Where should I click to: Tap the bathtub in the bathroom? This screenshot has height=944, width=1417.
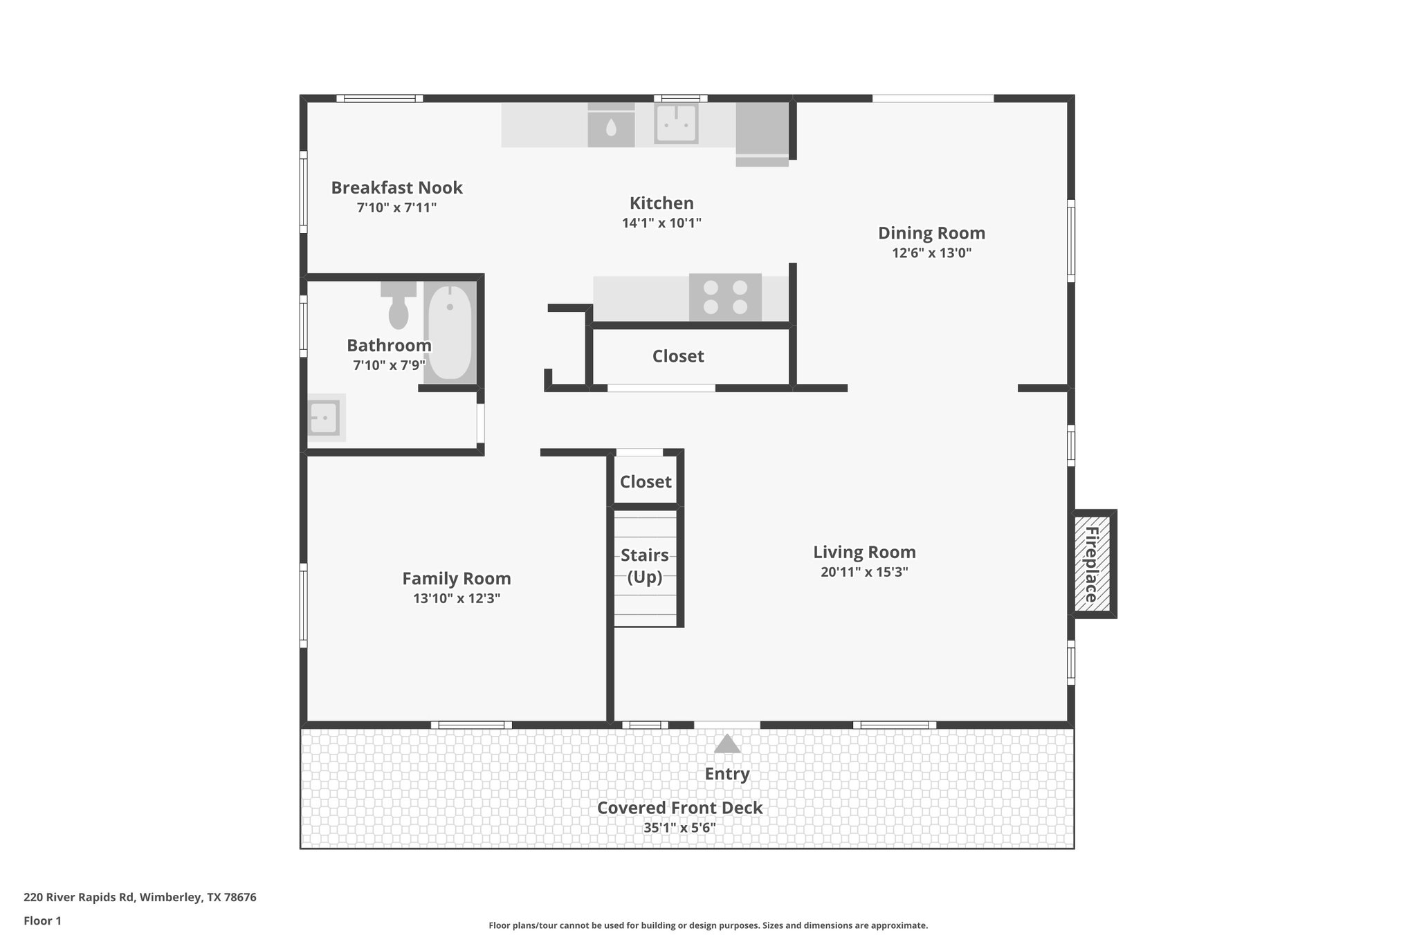(x=450, y=332)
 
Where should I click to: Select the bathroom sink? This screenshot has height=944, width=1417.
(x=324, y=417)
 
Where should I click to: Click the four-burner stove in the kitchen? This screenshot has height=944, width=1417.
(x=725, y=297)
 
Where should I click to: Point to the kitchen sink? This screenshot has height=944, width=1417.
(x=676, y=124)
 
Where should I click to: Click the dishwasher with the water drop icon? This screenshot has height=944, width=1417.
(x=611, y=125)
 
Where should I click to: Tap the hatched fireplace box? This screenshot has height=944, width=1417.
(x=1092, y=564)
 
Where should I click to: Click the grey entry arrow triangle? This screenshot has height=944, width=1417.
(x=727, y=743)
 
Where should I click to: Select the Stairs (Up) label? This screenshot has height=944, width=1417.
(x=645, y=566)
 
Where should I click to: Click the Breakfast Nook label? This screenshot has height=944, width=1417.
(x=396, y=187)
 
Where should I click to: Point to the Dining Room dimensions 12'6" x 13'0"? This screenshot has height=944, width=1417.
(x=932, y=253)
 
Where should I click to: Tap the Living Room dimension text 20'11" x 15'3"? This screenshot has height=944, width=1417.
(x=864, y=572)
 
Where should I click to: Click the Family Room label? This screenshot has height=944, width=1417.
(x=457, y=579)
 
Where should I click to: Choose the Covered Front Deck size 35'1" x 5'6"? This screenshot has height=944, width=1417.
(x=680, y=828)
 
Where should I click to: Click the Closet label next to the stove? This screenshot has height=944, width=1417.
(x=678, y=356)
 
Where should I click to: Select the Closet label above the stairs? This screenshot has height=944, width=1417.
(x=646, y=482)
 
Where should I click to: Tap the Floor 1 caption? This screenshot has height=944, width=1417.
(x=43, y=920)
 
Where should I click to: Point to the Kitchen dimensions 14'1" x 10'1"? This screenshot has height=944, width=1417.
(x=662, y=223)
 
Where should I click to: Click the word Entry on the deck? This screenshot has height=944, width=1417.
(x=727, y=774)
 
